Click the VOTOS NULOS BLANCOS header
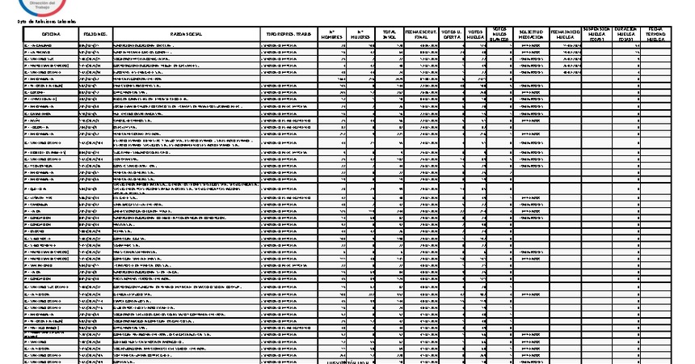[x=500, y=33]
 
